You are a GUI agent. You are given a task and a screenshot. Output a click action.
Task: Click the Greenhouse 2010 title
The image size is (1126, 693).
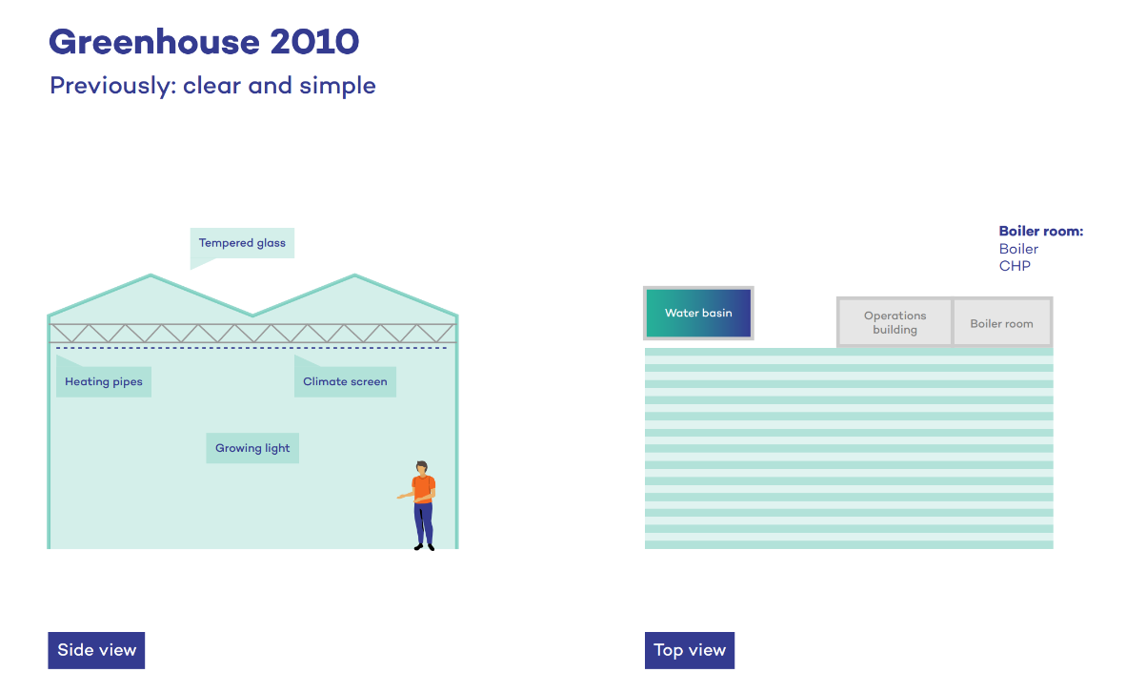tap(203, 42)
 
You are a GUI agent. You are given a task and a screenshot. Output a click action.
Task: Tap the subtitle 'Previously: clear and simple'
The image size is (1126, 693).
tap(212, 86)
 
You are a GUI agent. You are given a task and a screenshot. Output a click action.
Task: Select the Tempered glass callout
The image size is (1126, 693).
tap(242, 243)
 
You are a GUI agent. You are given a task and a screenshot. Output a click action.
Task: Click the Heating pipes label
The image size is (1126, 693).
tap(104, 382)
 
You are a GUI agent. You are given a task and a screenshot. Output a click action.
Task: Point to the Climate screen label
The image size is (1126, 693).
tap(345, 382)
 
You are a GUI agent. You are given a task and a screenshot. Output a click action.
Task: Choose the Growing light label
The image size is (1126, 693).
tap(252, 448)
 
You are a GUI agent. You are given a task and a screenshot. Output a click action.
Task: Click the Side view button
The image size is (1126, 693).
tap(96, 650)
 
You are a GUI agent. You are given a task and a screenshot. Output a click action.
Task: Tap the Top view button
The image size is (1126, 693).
tap(690, 650)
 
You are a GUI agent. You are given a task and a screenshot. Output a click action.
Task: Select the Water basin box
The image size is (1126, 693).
tap(698, 313)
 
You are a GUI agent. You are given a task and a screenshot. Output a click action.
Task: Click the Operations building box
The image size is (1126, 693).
tap(895, 323)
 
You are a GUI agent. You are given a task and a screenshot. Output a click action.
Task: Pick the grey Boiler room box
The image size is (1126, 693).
tap(1001, 323)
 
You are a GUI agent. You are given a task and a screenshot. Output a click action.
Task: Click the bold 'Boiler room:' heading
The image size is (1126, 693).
tap(1041, 232)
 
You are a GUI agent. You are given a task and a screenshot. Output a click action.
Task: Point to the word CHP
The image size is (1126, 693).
tap(1015, 266)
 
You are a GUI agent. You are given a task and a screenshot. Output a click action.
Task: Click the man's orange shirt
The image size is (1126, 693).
tap(424, 487)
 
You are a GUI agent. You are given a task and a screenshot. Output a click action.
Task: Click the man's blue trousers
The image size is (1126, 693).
tap(424, 521)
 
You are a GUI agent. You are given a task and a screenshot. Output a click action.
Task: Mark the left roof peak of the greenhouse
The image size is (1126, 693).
tap(150, 276)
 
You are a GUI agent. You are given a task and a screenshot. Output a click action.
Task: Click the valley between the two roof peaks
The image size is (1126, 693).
tap(252, 315)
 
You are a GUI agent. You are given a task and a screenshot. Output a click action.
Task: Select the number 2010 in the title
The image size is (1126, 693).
tap(314, 42)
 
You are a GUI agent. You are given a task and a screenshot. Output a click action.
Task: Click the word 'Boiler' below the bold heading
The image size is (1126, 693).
tap(1018, 249)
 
